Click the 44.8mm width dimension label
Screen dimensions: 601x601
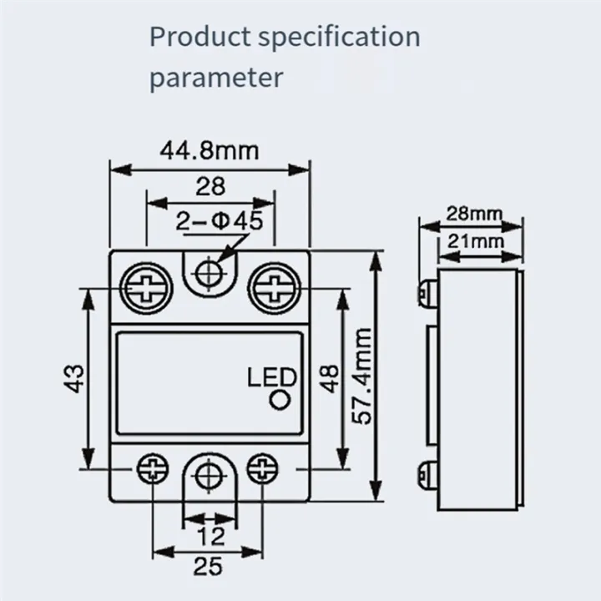[210, 151]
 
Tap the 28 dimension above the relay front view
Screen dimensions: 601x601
[210, 186]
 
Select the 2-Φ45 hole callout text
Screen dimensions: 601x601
[220, 221]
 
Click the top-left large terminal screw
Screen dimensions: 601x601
[147, 289]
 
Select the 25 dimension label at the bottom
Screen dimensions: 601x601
[210, 567]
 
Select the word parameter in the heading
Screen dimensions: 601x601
[216, 78]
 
